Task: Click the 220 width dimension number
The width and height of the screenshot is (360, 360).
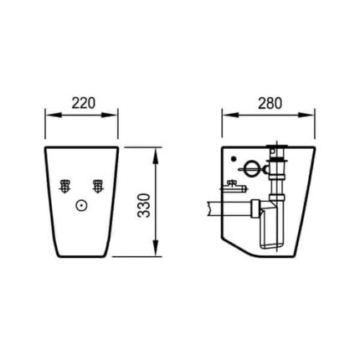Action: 84,103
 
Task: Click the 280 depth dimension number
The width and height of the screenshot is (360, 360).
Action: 270,103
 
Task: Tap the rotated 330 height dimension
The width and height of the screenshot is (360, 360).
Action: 144,205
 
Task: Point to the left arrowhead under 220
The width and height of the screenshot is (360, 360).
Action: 53,115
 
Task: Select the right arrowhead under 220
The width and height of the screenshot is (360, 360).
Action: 110,115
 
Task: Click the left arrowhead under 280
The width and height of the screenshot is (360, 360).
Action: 230,115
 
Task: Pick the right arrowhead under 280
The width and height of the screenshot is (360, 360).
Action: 306,115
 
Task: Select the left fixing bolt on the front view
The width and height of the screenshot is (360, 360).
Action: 65,186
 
